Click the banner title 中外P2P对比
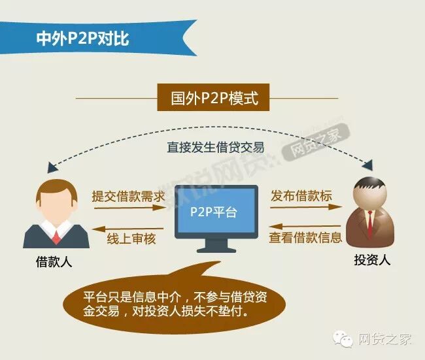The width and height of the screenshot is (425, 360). pos(82,37)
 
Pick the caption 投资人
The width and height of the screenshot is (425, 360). pos(372,260)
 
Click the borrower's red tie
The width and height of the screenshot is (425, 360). pos(57,234)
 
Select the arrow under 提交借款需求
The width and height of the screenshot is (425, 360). pos(127,208)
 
